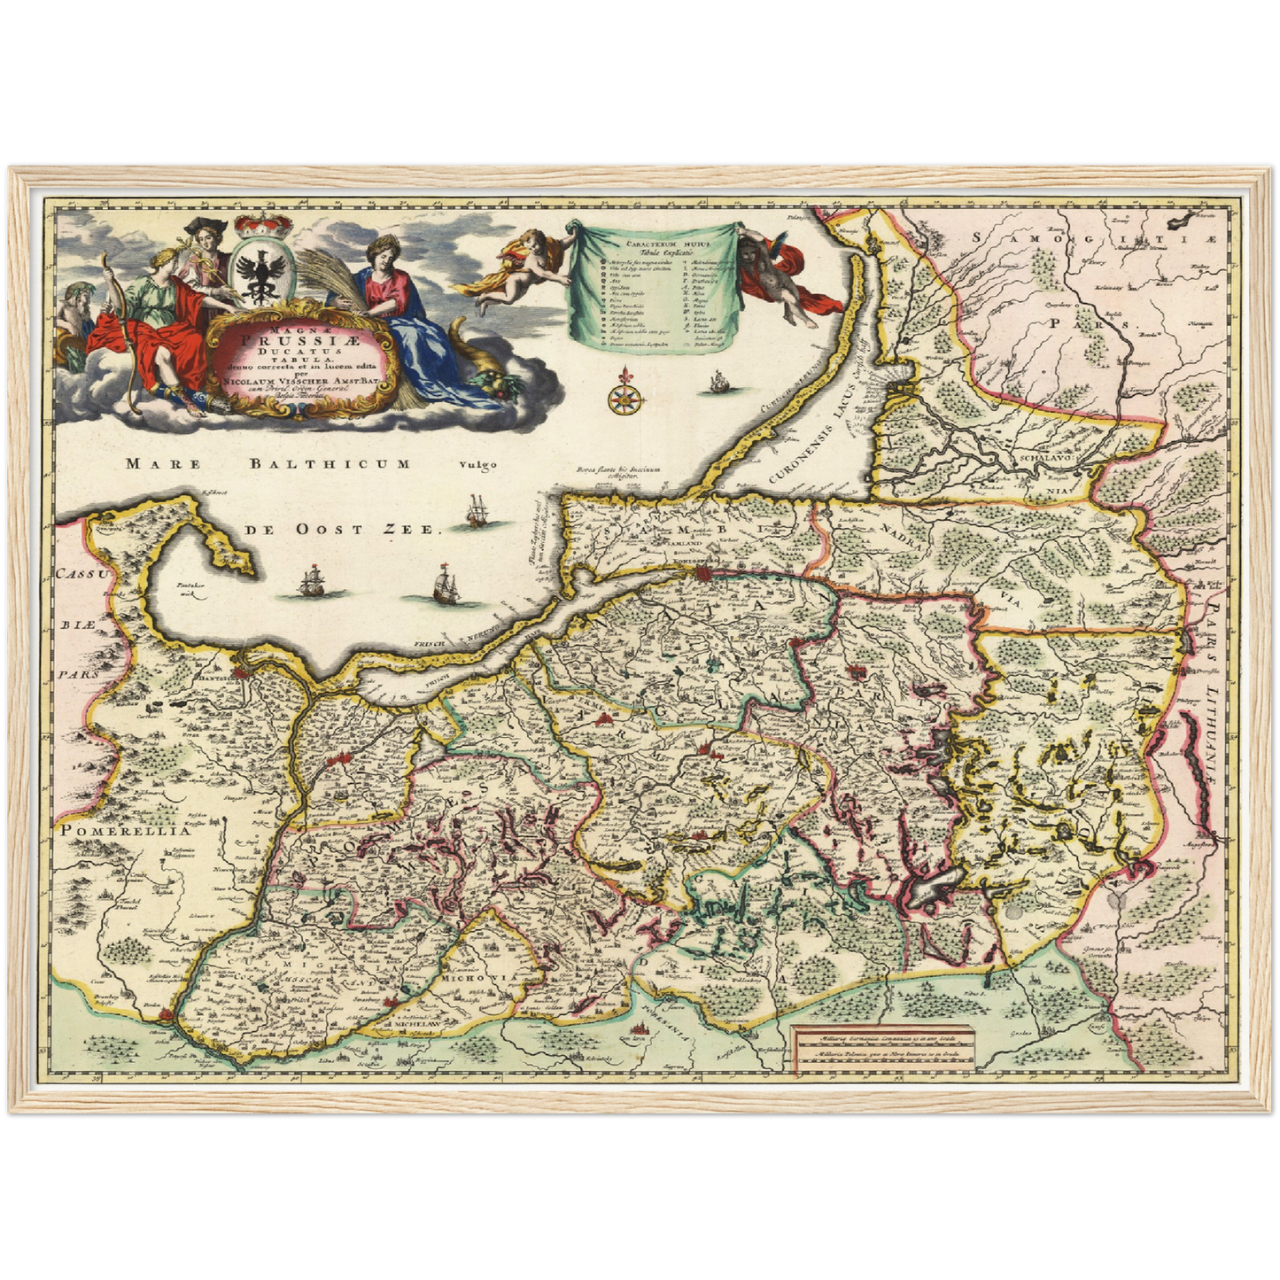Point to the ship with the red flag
(x=446, y=583)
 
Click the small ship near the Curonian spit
(x=718, y=384)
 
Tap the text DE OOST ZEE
(x=342, y=529)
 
